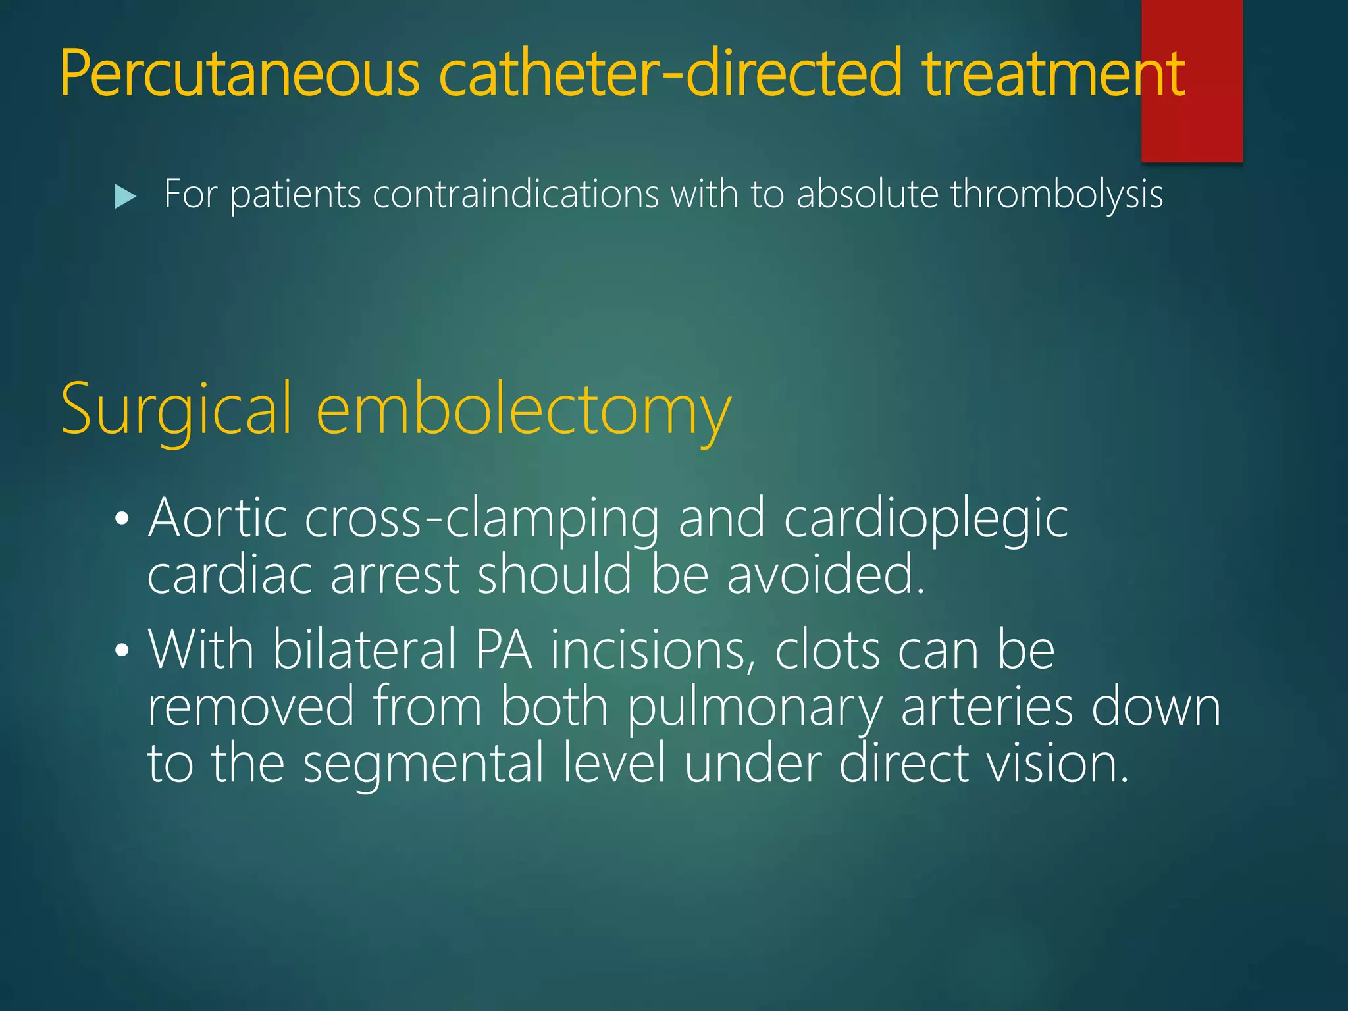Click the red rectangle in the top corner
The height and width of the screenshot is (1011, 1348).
pyautogui.click(x=1191, y=80)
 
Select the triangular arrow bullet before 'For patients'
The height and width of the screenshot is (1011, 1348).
pyautogui.click(x=125, y=196)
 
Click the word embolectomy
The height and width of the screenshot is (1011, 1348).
pyautogui.click(x=524, y=412)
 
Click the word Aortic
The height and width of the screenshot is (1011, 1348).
pyautogui.click(x=218, y=519)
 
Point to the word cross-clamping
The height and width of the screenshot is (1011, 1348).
pyautogui.click(x=482, y=520)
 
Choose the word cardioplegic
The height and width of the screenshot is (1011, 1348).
pyautogui.click(x=925, y=520)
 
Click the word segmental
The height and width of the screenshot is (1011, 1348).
pyautogui.click(x=423, y=764)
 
